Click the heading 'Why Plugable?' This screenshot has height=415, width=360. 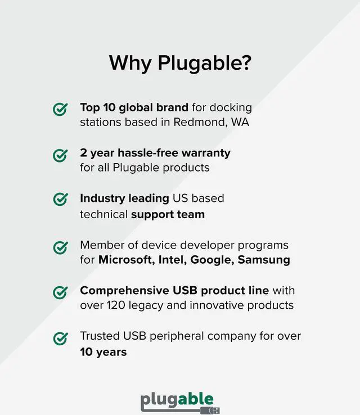pos(180,62)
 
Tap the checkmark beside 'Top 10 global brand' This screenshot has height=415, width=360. pos(60,109)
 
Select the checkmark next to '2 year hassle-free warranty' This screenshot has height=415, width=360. pos(60,155)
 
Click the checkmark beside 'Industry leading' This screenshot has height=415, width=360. pos(60,200)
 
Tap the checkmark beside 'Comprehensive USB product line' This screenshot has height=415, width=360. pos(60,292)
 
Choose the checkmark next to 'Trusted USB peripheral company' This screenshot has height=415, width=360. pos(60,338)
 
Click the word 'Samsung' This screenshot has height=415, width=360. pos(264,259)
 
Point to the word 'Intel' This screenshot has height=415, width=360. pos(171,259)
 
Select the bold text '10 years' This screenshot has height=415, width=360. pos(103,352)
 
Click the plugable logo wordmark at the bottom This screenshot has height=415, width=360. pos(177,400)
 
